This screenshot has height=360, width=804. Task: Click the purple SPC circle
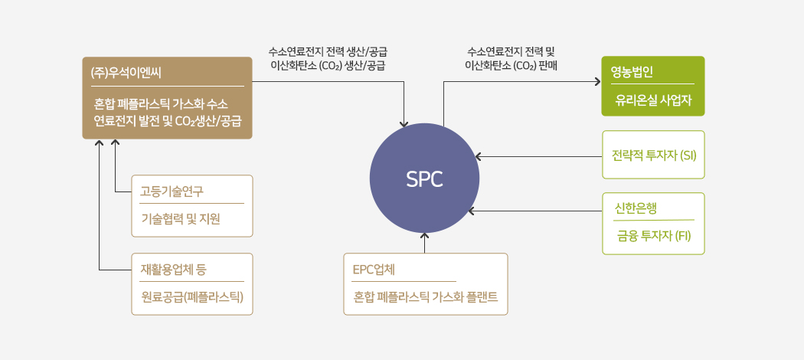pyautogui.click(x=424, y=178)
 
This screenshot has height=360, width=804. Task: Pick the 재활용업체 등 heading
pyautogui.click(x=174, y=269)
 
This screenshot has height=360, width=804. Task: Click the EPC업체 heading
pyautogui.click(x=374, y=269)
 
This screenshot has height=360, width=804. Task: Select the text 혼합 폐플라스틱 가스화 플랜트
pyautogui.click(x=426, y=297)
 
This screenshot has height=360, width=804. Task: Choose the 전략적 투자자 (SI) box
pyautogui.click(x=653, y=155)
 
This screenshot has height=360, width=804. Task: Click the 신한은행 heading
pyautogui.click(x=636, y=208)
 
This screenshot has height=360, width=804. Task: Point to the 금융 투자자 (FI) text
pyautogui.click(x=654, y=235)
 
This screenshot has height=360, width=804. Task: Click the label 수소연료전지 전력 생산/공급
pyautogui.click(x=328, y=52)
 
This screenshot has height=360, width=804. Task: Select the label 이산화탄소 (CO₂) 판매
pyautogui.click(x=511, y=66)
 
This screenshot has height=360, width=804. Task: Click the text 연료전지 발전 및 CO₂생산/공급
pyautogui.click(x=167, y=121)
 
